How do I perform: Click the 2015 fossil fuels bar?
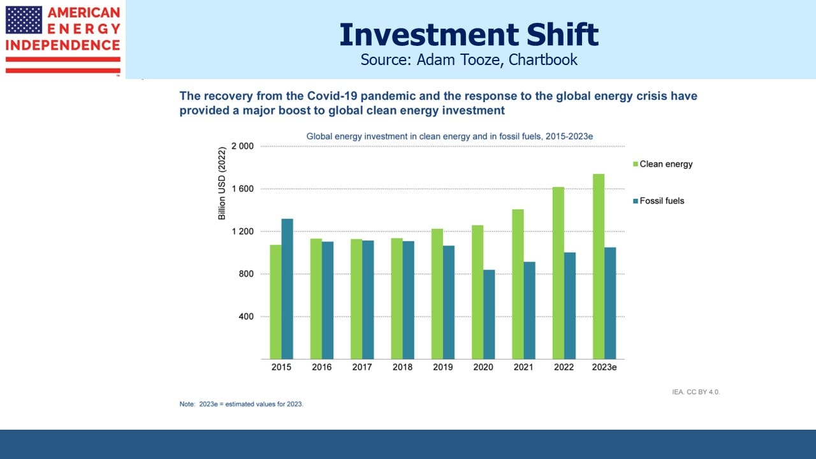coord(287,289)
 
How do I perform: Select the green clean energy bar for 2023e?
coord(599,266)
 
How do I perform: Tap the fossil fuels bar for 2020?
coord(489,314)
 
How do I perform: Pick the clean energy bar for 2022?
coord(558,273)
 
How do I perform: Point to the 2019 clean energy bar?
coord(437,294)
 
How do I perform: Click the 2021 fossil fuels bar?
coord(529,310)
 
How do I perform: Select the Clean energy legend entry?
coord(662,164)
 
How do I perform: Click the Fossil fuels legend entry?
coord(659,201)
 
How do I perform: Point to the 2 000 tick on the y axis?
coord(243,146)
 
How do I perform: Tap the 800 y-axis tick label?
coord(246,274)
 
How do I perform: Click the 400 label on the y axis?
coord(246,317)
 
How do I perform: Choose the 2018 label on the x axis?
coord(402,367)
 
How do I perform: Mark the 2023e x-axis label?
coord(604,367)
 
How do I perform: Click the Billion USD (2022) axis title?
coord(221,183)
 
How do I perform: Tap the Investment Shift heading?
coord(469,34)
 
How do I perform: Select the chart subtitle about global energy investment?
coord(449,136)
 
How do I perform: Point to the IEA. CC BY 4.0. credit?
coord(696,392)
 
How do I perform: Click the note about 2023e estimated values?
coord(241,404)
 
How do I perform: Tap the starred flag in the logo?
coord(24,20)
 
